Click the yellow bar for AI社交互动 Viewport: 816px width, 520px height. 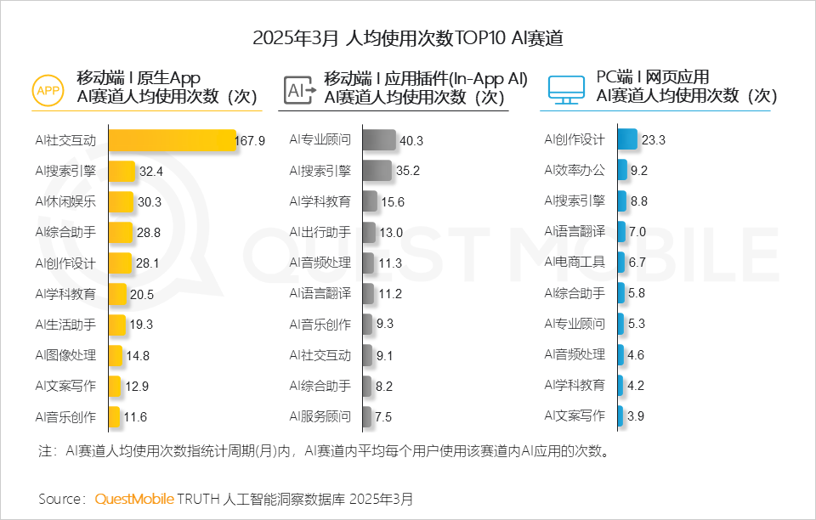173,140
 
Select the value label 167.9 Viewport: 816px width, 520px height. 251,140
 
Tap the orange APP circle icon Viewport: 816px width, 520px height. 48,88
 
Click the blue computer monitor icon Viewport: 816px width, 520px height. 565,88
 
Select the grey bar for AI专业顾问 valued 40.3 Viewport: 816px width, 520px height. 379,140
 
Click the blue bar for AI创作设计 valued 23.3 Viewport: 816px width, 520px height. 627,140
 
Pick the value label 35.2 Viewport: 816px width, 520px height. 408,171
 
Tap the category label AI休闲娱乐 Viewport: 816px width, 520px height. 65,201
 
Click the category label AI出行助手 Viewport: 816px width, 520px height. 320,231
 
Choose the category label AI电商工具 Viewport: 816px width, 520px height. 575,262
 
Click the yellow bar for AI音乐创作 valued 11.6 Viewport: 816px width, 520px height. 114,416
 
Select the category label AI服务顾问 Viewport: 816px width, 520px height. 320,416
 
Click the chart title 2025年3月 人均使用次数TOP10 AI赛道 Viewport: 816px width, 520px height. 408,38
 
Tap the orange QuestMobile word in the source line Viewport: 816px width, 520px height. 134,498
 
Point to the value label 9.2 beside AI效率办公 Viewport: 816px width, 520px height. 639,171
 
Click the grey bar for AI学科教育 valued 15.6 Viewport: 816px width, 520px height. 369,201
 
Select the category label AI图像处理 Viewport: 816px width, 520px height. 65,355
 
